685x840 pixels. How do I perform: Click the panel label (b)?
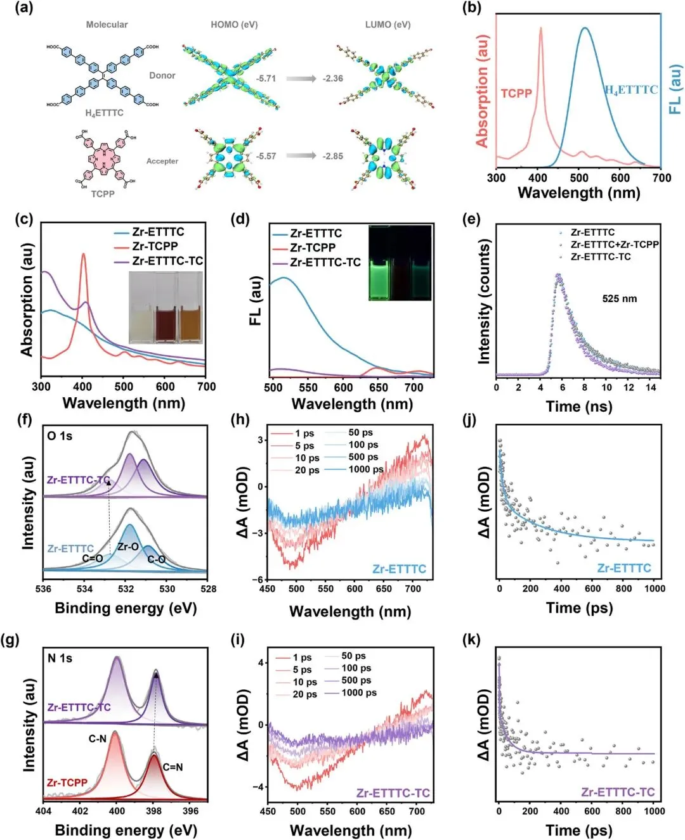[472, 8]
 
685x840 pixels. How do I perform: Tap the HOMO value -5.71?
[266, 79]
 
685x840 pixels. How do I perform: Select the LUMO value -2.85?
[332, 156]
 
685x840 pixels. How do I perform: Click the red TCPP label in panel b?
[516, 93]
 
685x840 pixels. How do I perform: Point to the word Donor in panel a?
[162, 75]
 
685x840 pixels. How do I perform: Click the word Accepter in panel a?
[162, 161]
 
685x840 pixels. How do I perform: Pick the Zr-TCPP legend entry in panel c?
[155, 246]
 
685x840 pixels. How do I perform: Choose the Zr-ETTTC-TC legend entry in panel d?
[325, 262]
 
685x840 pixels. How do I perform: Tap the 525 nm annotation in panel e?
[620, 298]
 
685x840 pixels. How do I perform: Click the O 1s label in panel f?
[60, 436]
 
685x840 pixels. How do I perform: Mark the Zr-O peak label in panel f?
[127, 546]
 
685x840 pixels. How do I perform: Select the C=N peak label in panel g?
[173, 767]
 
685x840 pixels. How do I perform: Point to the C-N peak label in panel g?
[97, 739]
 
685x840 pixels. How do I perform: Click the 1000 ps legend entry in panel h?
[366, 469]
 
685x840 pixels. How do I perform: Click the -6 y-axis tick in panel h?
[258, 580]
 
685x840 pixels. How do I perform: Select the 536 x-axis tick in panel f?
[43, 589]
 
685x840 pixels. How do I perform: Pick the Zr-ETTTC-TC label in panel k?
[618, 792]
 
